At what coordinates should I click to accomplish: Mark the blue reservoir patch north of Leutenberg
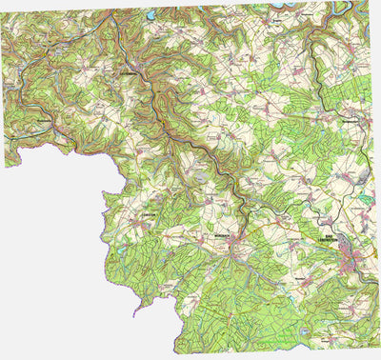pos(150,15)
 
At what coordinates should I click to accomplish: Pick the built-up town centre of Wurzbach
pos(233,243)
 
